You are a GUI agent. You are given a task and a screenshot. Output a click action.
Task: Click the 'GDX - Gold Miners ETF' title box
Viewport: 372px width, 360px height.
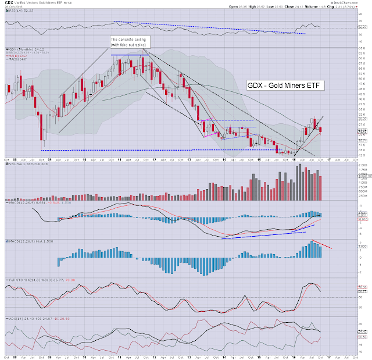tap(284, 85)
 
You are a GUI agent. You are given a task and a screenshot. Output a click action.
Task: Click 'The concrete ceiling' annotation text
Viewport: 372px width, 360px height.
tap(131, 40)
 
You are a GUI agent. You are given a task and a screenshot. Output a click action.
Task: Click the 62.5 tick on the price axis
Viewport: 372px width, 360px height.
tap(361, 54)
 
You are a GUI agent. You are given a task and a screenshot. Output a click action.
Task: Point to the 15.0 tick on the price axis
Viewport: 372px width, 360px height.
tap(361, 151)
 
